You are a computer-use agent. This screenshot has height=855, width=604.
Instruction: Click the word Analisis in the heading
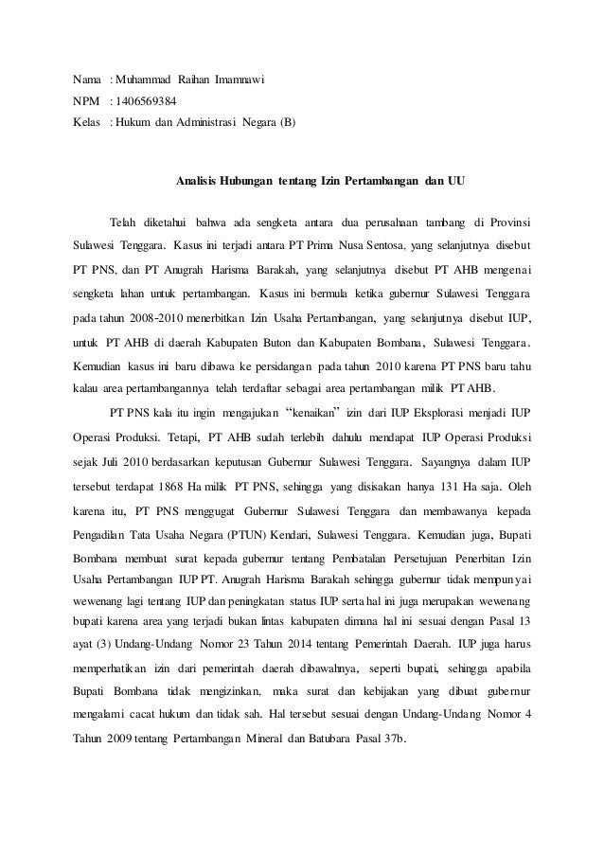[x=198, y=179]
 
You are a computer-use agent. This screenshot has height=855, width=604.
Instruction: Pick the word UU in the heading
[x=456, y=179]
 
